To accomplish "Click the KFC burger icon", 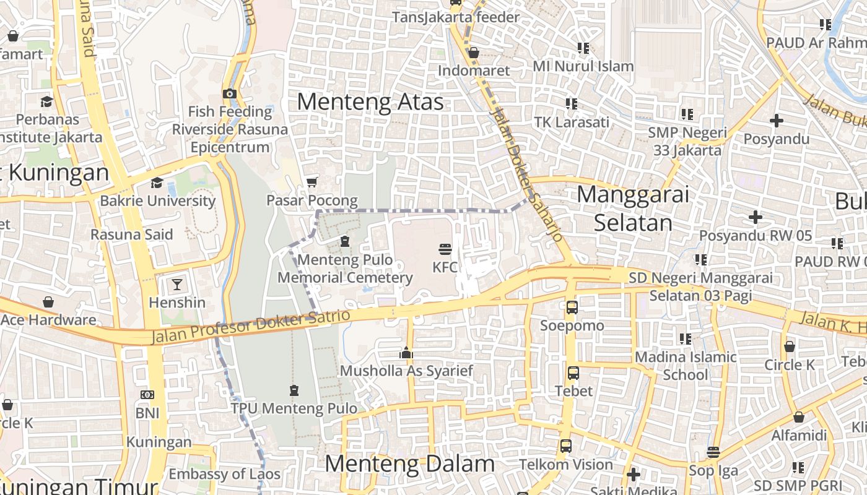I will (x=445, y=249).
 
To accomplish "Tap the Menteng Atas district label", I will (x=370, y=101).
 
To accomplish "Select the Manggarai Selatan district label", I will (x=633, y=209).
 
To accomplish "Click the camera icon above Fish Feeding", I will (x=230, y=93).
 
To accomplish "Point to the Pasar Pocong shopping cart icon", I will (x=312, y=182).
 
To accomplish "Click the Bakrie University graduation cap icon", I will (x=157, y=183).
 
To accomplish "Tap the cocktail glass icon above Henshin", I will (x=177, y=285).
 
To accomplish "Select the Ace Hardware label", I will (x=48, y=320).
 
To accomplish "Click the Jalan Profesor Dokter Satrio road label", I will (x=251, y=326).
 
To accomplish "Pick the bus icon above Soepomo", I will (x=572, y=307).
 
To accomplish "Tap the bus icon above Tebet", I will (x=573, y=373).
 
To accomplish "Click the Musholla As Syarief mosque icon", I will (x=406, y=353).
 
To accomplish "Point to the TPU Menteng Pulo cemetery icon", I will (x=294, y=390).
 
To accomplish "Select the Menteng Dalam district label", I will (x=409, y=463).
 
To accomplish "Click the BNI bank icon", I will (x=147, y=394).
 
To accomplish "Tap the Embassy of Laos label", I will (x=224, y=475).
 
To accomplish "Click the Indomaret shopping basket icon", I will (x=474, y=53).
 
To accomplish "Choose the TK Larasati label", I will (x=572, y=122).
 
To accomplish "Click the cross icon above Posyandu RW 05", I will (x=755, y=217).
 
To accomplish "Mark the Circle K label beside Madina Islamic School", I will (x=790, y=364).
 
